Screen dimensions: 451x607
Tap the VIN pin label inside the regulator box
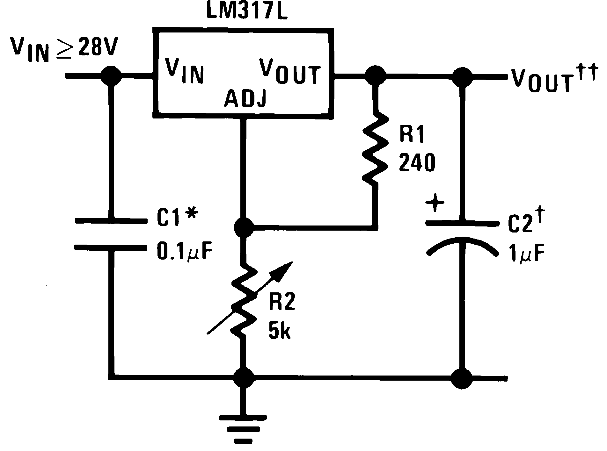(x=184, y=71)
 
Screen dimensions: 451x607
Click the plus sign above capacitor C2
(x=435, y=203)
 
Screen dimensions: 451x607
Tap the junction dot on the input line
(x=111, y=76)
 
